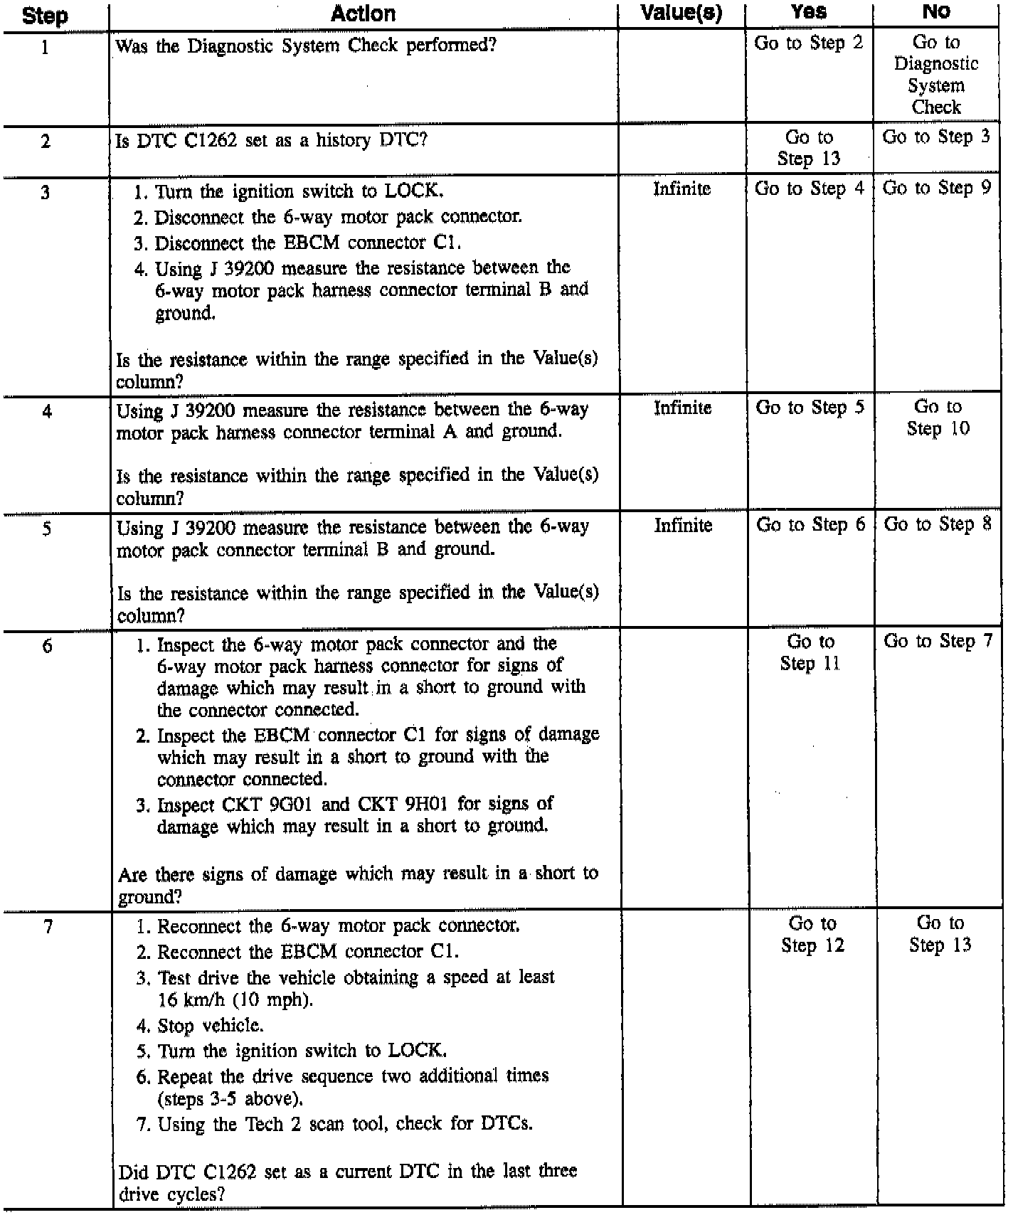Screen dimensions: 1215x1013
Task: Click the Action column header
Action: tap(363, 14)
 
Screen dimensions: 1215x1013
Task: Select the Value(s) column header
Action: tap(681, 13)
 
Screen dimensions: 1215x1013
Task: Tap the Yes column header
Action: tap(809, 11)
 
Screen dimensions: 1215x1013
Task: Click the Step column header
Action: tap(46, 16)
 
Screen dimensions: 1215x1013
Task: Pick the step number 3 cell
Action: tap(46, 192)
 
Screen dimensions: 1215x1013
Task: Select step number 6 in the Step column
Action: tap(47, 647)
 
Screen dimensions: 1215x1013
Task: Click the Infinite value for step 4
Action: tap(682, 408)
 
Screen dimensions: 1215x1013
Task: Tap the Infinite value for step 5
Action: tap(683, 526)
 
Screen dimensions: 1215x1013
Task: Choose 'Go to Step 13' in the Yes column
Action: tap(809, 148)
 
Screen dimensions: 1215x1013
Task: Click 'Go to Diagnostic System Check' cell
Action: tap(935, 75)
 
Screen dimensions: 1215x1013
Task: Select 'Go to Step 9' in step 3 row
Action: tap(936, 189)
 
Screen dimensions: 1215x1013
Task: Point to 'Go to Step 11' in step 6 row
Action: tap(810, 652)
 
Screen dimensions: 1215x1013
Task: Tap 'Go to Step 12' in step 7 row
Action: tap(812, 934)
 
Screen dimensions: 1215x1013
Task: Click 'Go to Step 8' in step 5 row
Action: tap(938, 525)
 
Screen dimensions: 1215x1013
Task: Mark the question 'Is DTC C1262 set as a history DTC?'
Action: tap(271, 140)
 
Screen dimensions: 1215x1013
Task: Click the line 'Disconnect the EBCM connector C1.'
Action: tap(307, 243)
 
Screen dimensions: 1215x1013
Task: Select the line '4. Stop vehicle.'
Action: tap(200, 1025)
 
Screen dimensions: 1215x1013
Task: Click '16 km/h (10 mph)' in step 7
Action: tap(235, 999)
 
